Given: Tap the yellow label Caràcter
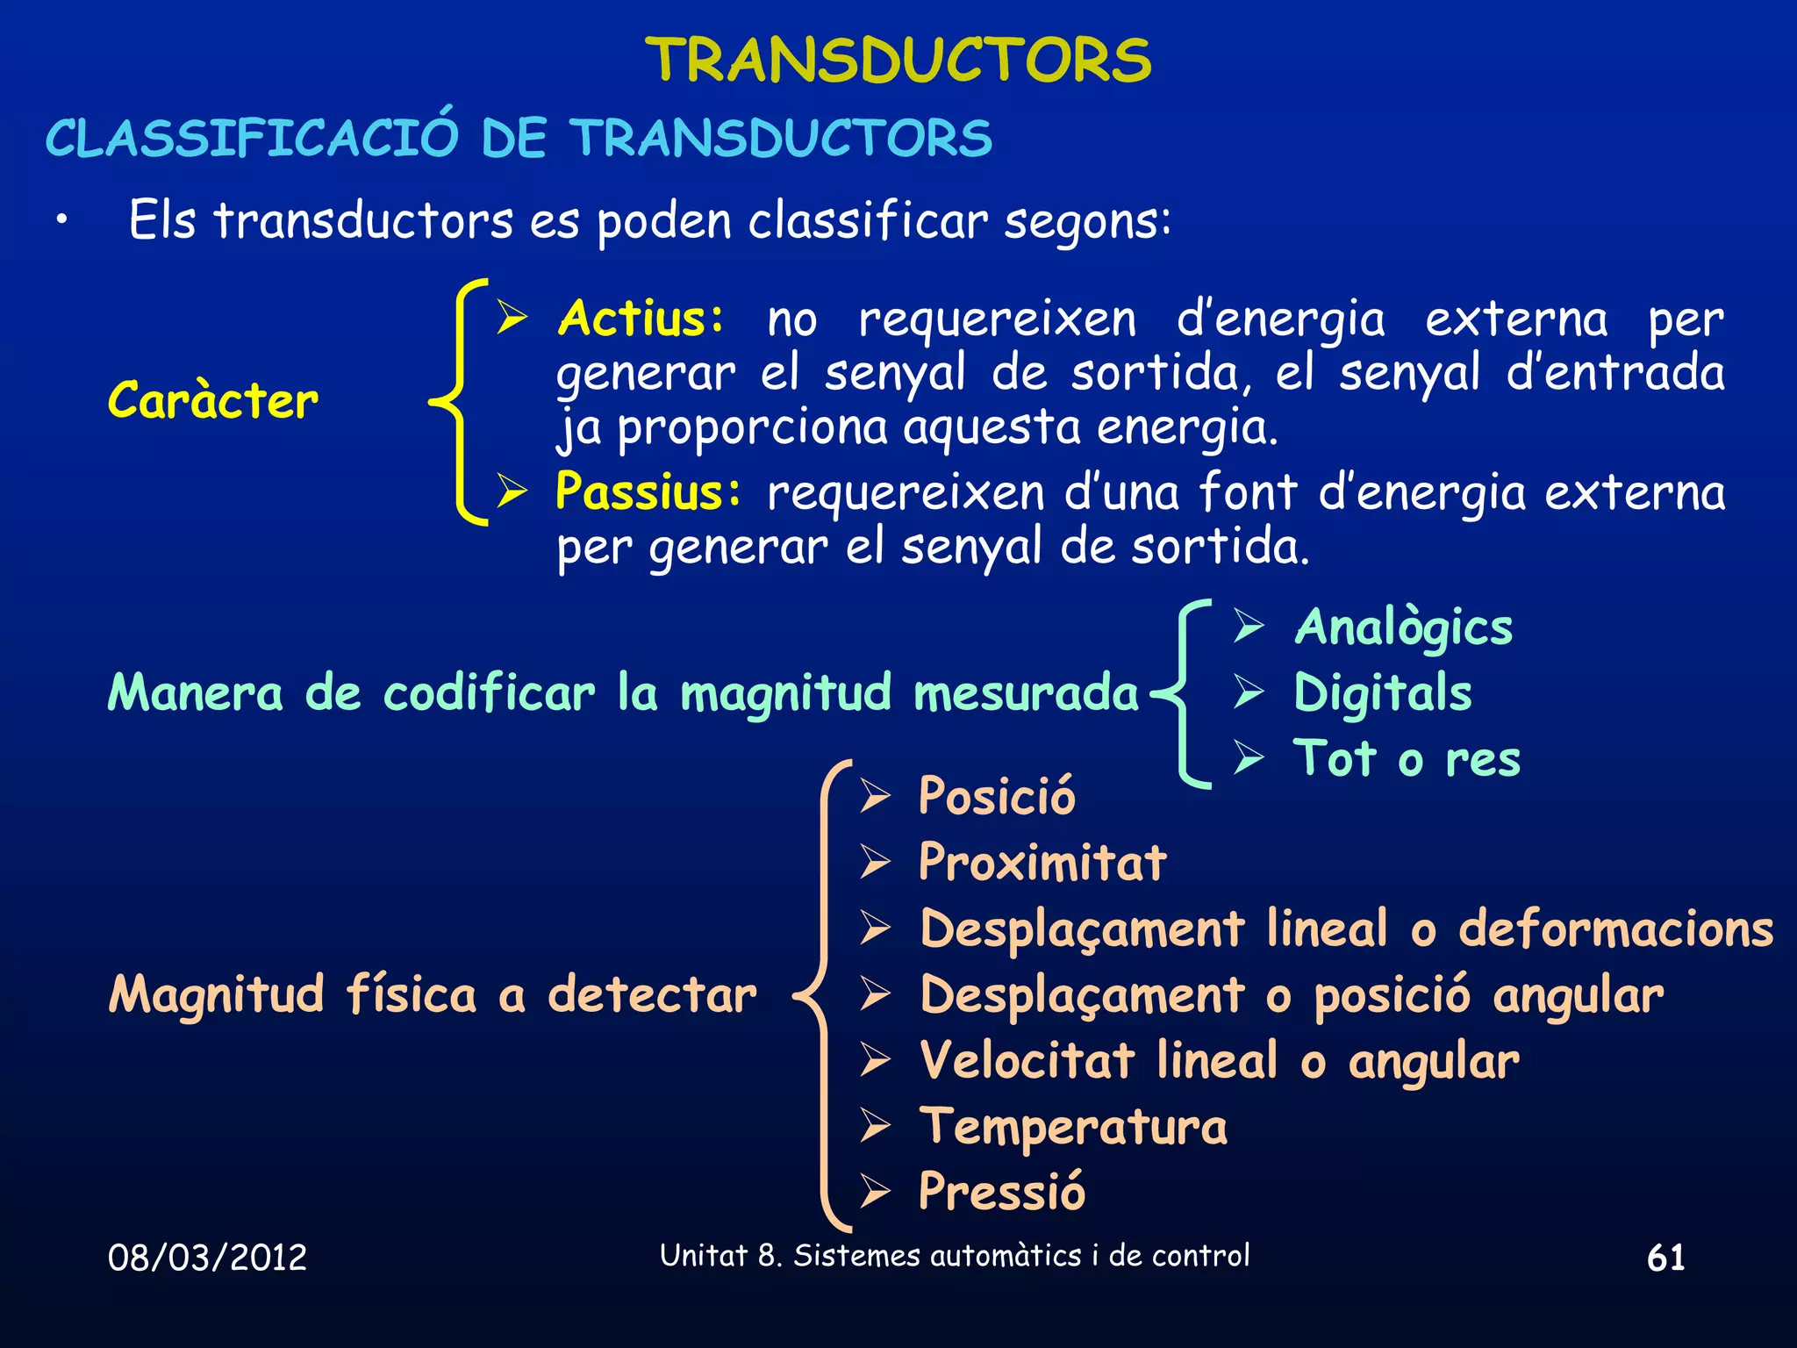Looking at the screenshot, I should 212,401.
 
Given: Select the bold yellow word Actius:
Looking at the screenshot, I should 641,319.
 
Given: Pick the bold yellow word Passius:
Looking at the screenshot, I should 648,491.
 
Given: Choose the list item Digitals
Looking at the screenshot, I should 1383,693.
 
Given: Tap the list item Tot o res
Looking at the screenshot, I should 1407,759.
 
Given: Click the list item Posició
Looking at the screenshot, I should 997,797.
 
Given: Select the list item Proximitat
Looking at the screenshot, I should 1042,862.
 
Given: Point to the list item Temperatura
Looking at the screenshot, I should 1073,1127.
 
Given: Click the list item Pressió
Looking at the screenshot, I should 1002,1192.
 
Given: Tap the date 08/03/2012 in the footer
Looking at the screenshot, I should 208,1258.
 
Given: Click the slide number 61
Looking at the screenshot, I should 1665,1258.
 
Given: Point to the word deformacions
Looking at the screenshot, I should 1615,929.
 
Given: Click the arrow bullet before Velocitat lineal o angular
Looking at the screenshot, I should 876,1060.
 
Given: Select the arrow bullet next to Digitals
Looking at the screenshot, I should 1249,692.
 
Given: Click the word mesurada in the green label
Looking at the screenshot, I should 1026,693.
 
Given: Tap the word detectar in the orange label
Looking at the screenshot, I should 652,995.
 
